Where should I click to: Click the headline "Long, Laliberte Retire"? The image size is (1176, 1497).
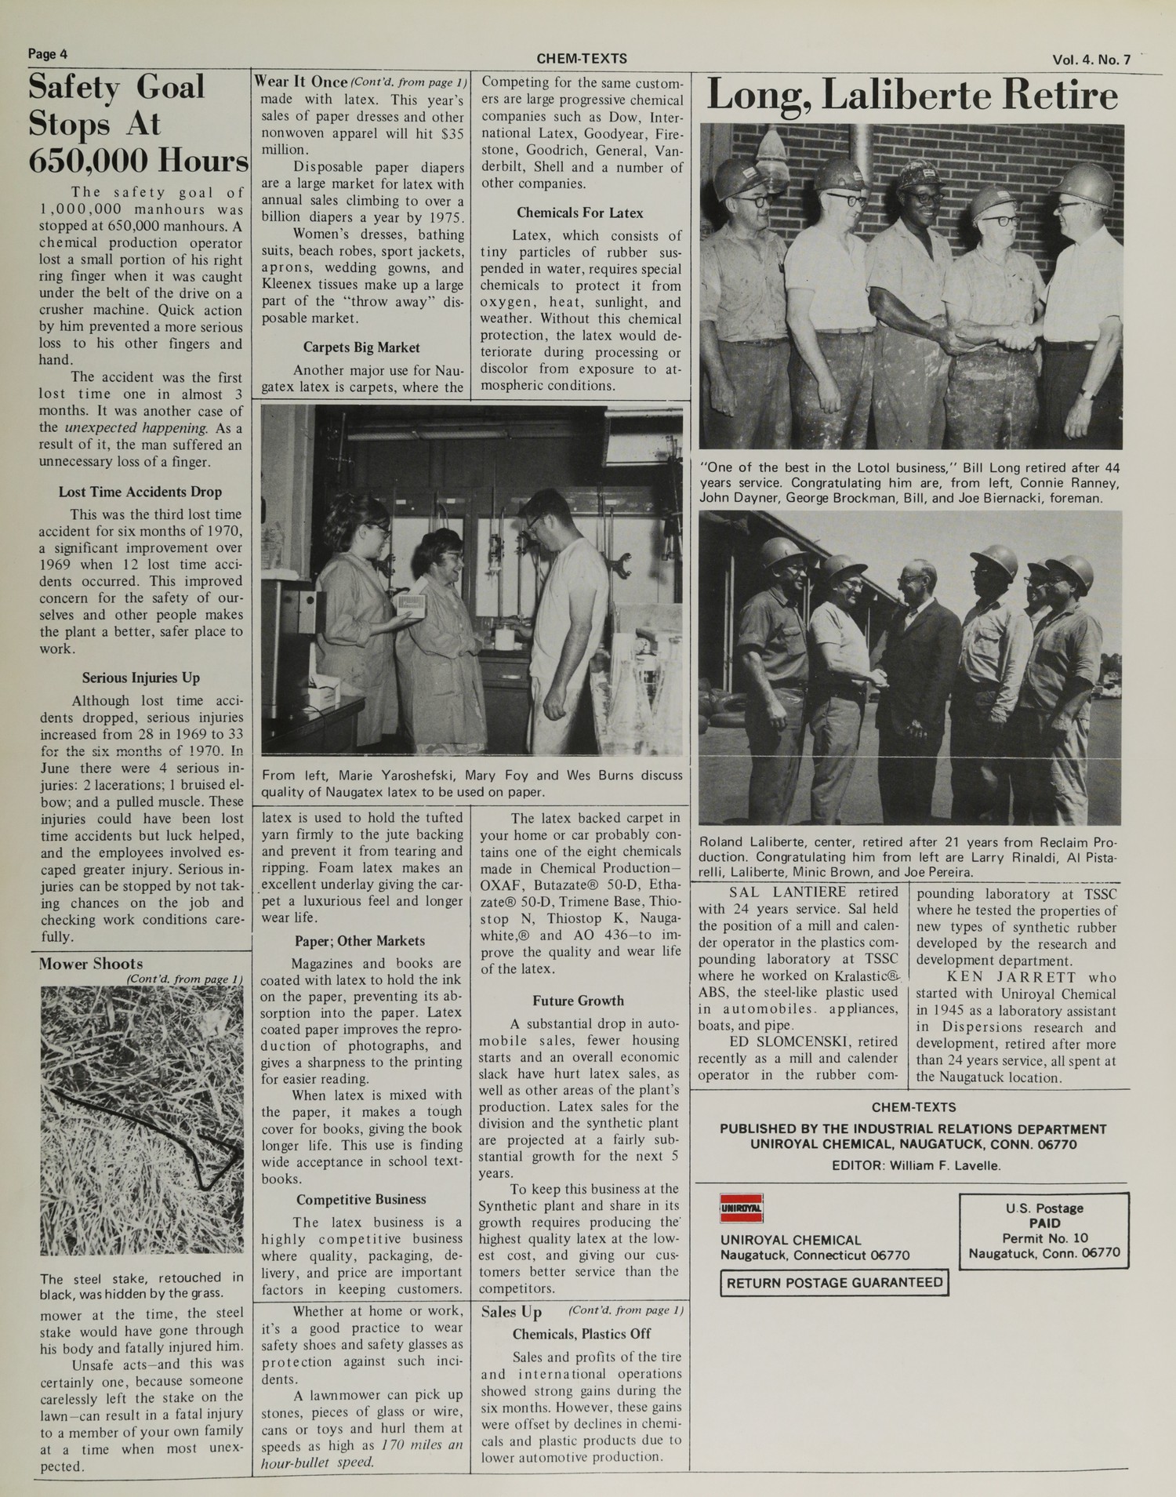[x=912, y=96]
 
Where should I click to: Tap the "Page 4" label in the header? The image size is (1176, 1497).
[x=48, y=54]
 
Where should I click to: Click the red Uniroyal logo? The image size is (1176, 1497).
[x=741, y=1208]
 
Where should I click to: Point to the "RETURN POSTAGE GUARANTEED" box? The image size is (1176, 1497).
[x=834, y=1283]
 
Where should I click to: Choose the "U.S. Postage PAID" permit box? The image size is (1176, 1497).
[x=1044, y=1230]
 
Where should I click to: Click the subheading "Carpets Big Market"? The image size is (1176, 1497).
[x=361, y=347]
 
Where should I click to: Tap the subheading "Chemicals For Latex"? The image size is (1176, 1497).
[x=579, y=213]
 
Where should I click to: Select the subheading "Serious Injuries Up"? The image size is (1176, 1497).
[x=140, y=678]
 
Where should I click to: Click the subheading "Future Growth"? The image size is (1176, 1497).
[x=578, y=1001]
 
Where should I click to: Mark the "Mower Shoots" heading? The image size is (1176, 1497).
[x=91, y=964]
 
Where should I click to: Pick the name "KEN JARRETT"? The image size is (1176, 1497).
[x=993, y=977]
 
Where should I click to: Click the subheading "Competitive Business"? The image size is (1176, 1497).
[x=361, y=1199]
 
